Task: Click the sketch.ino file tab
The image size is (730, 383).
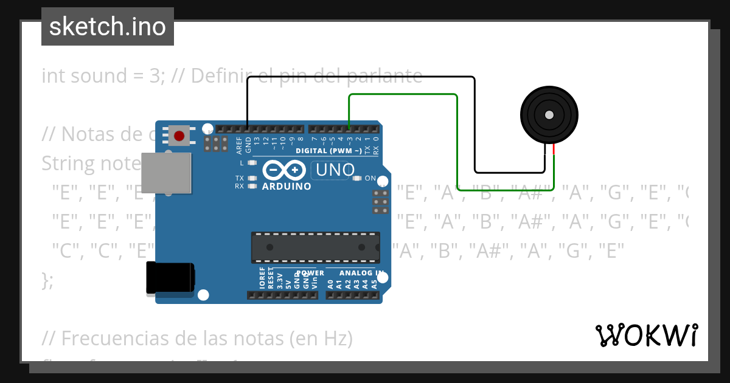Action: pyautogui.click(x=108, y=27)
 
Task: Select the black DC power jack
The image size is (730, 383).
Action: pyautogui.click(x=170, y=278)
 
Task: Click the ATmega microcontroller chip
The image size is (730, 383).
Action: pyautogui.click(x=316, y=247)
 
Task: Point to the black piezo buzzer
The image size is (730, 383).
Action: pyautogui.click(x=549, y=115)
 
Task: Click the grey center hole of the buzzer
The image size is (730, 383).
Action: pyautogui.click(x=549, y=115)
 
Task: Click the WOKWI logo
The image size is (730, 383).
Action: pyautogui.click(x=646, y=335)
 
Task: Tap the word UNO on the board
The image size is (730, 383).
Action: pyautogui.click(x=335, y=170)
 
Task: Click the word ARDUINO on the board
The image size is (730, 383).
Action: pyautogui.click(x=287, y=187)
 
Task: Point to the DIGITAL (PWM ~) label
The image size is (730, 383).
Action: pyautogui.click(x=328, y=151)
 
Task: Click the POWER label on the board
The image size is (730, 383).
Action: pyautogui.click(x=310, y=274)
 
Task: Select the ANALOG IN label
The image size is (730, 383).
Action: pyautogui.click(x=361, y=274)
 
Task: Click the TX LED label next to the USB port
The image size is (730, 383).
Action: pyautogui.click(x=240, y=178)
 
